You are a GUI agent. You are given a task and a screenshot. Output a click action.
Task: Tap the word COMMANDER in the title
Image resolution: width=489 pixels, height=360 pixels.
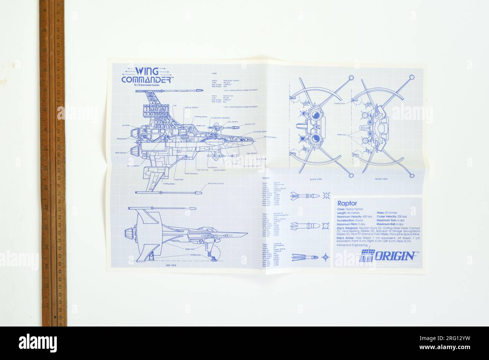click(x=147, y=80)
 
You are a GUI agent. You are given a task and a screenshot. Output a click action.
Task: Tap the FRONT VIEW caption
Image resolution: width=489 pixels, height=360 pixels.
click(x=381, y=179)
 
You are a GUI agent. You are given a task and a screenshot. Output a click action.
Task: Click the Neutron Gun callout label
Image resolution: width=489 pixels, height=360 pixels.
click(x=251, y=124)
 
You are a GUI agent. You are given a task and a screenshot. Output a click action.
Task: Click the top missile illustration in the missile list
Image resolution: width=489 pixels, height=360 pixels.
click(x=305, y=196)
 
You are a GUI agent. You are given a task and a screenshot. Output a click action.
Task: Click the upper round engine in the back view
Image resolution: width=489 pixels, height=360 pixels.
click(x=315, y=115)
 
